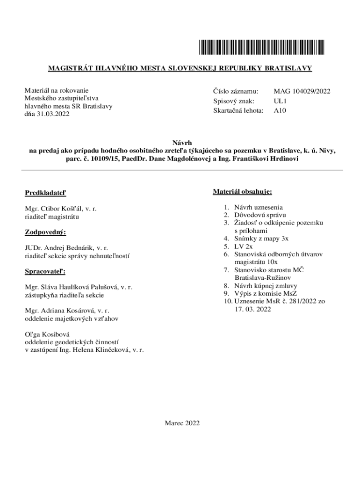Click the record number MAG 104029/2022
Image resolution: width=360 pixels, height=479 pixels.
(x=302, y=91)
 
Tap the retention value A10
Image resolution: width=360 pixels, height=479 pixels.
(x=280, y=111)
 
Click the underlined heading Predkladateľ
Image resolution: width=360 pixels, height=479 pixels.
(x=46, y=193)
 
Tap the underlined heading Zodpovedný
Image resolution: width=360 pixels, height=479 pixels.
(x=45, y=232)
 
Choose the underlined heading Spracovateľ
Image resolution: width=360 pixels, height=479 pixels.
(x=45, y=271)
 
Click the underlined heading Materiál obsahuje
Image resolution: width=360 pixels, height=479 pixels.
(x=242, y=192)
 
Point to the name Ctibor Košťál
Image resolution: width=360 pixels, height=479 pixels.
(x=60, y=209)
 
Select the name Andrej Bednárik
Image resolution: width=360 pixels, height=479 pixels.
(x=69, y=248)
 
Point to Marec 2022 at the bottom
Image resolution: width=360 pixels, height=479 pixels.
(x=182, y=423)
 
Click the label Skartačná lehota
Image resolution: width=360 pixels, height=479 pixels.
(x=238, y=111)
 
